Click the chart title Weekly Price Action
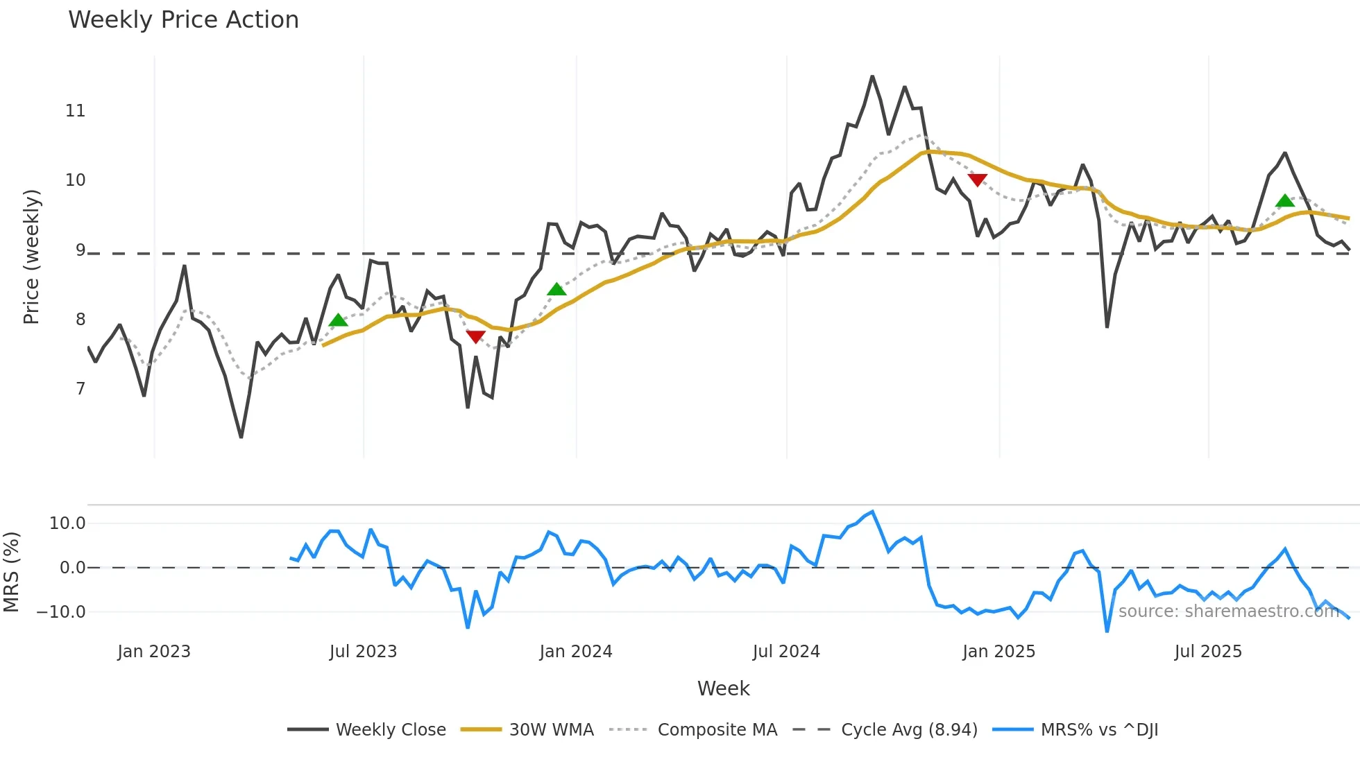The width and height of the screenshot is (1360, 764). click(183, 20)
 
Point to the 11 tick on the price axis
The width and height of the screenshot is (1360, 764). click(75, 111)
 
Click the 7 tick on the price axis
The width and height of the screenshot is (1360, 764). click(80, 389)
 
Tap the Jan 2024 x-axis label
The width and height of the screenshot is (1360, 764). click(576, 652)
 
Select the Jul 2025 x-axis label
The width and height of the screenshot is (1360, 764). click(1208, 652)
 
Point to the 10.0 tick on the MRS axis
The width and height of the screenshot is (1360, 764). click(67, 523)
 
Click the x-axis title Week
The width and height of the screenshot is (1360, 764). click(723, 688)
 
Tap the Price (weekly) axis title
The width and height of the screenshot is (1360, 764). click(32, 257)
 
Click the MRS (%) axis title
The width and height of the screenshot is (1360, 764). click(12, 572)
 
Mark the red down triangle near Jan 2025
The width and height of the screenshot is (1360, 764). click(977, 180)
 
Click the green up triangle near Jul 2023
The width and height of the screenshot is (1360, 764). click(338, 320)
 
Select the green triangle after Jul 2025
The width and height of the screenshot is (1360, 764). click(1285, 201)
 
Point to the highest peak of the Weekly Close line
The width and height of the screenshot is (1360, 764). click(872, 76)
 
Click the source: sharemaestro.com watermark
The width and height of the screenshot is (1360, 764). click(1228, 611)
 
